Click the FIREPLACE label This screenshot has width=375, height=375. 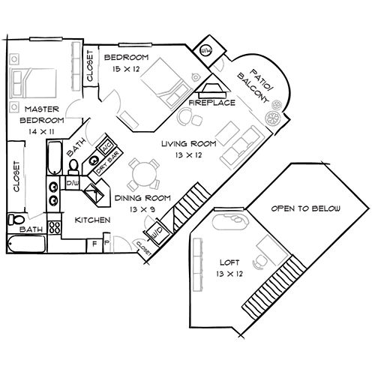click(x=213, y=101)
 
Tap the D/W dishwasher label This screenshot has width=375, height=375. click(x=73, y=182)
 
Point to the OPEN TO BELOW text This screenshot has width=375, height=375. click(x=305, y=208)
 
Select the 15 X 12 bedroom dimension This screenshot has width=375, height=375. click(x=126, y=69)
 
